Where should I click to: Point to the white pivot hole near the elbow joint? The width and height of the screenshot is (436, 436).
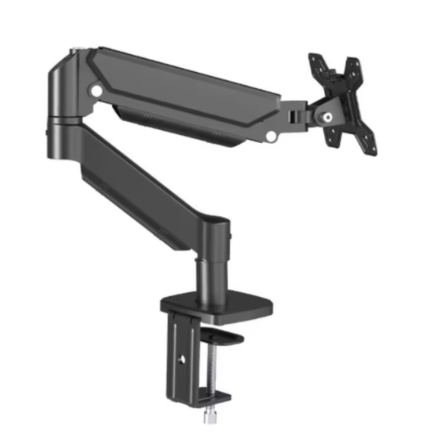point(98,92)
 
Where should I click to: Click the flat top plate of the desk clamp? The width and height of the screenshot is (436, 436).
point(218,307)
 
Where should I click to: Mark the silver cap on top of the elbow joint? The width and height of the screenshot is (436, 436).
point(74,56)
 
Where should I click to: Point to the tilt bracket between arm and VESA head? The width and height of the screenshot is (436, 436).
point(296,114)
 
